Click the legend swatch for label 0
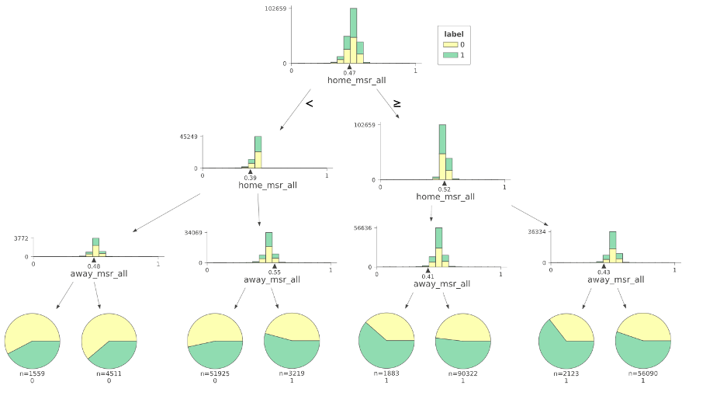pos(448,45)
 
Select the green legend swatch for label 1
pos(448,56)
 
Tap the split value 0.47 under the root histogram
pos(350,72)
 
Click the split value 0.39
pos(251,178)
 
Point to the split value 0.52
pos(445,189)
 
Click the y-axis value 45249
pos(188,137)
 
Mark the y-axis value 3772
pos(20,240)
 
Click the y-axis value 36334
pos(538,231)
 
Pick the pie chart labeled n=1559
pos(33,342)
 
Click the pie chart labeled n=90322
pos(463,342)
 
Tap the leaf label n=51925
pos(215,373)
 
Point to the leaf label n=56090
pos(642,373)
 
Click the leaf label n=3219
pos(292,373)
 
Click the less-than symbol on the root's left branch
pos(310,102)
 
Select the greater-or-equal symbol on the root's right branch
pos(397,102)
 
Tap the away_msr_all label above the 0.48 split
pos(94,274)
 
